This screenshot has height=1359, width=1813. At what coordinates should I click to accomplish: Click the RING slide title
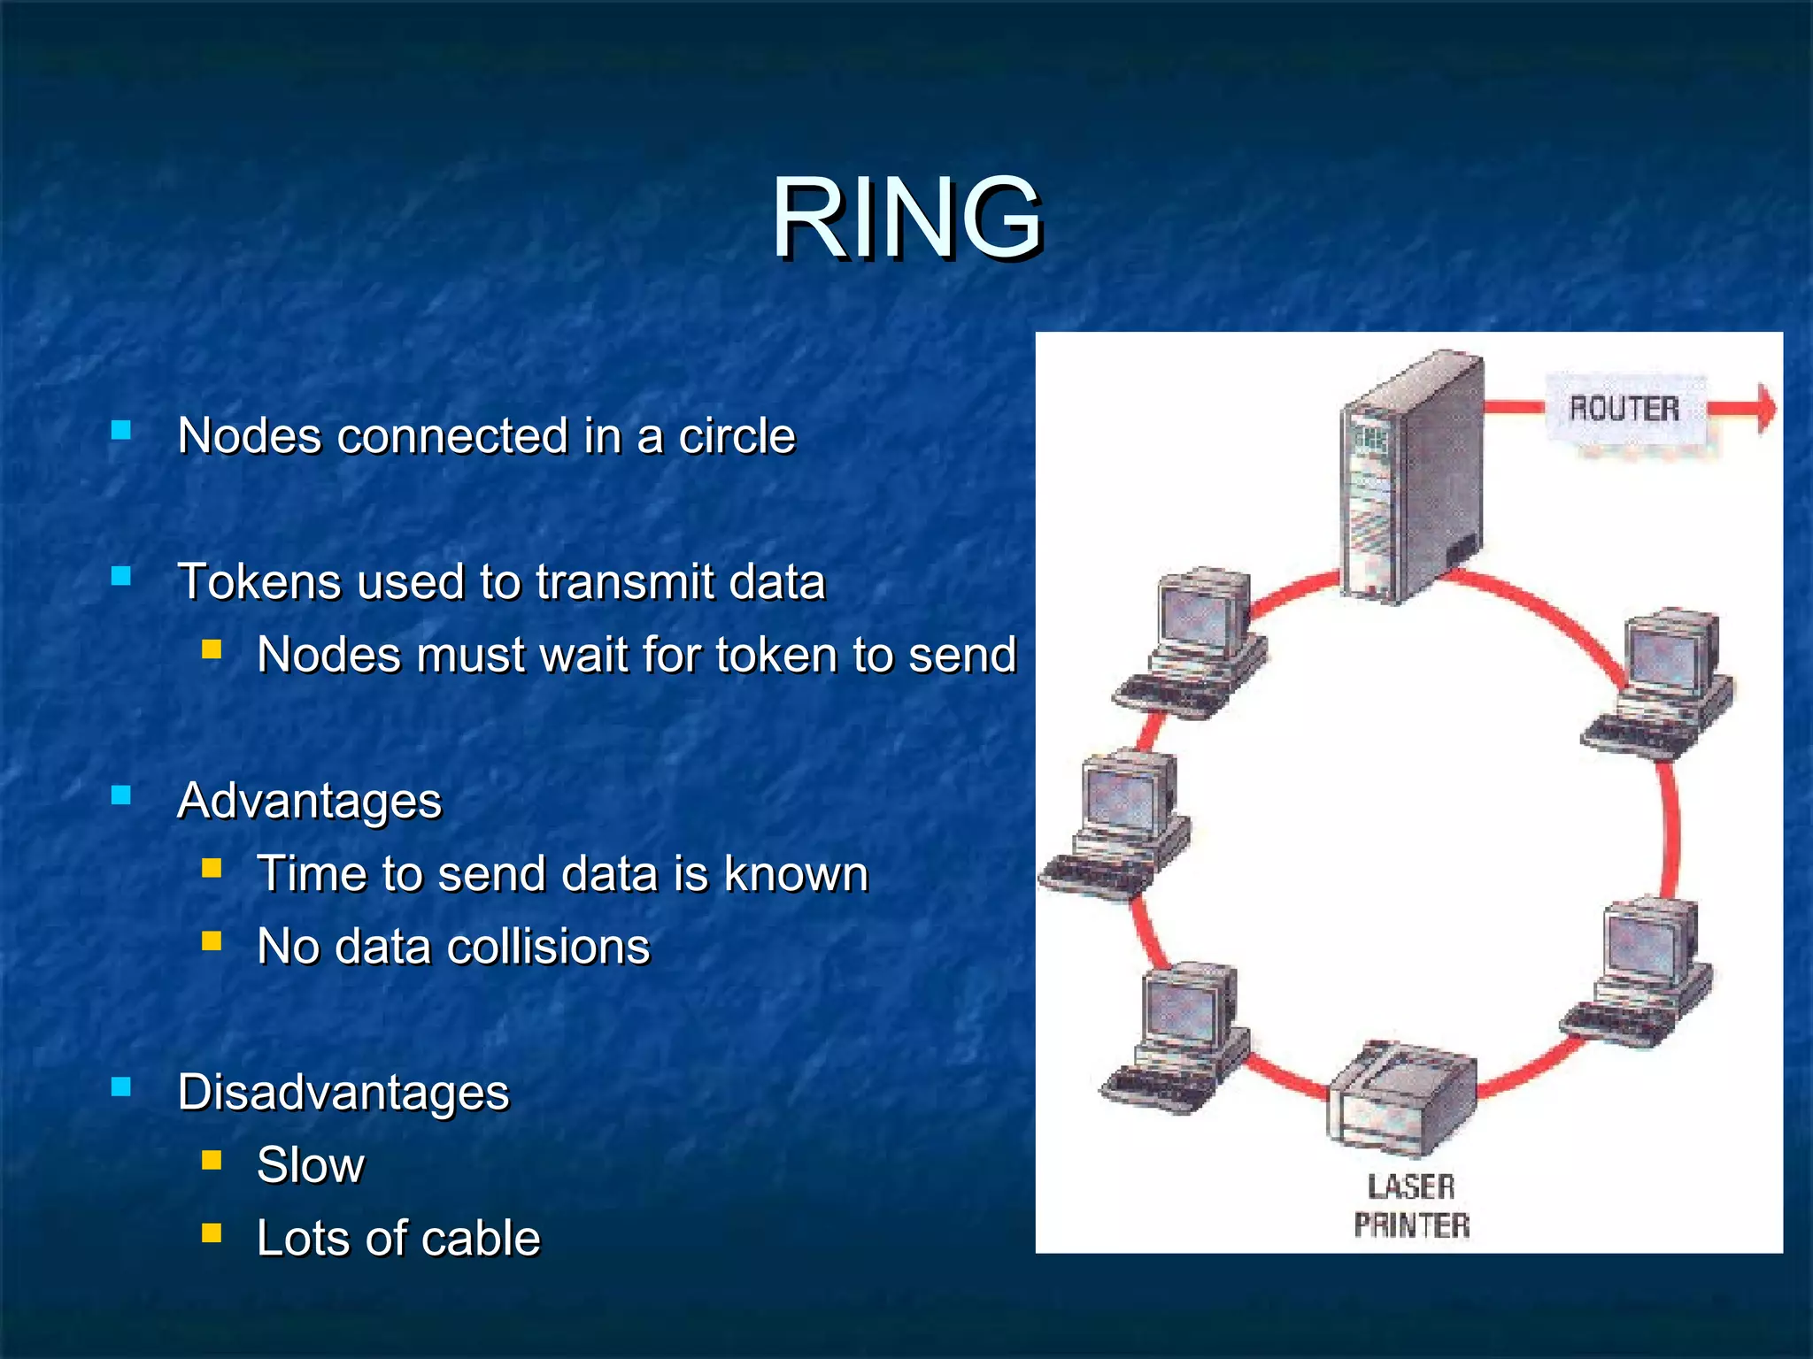click(x=906, y=218)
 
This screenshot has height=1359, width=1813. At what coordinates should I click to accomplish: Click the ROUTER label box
click(x=1624, y=410)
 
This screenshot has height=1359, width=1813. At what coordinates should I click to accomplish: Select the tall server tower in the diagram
click(x=1412, y=478)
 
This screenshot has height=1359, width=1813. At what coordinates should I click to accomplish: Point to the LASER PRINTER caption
click(x=1411, y=1206)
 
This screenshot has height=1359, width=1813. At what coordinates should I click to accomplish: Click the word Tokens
click(x=259, y=582)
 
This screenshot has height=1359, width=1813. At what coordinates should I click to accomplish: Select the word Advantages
click(x=309, y=802)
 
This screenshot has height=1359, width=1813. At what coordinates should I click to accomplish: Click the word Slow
click(x=310, y=1165)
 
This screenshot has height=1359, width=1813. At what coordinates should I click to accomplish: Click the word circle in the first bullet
click(x=737, y=436)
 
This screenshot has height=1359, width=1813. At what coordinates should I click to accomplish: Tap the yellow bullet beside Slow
click(x=212, y=1160)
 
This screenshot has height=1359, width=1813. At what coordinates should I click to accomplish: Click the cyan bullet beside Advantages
click(x=121, y=796)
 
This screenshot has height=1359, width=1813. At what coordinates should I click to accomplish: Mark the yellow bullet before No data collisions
click(x=212, y=941)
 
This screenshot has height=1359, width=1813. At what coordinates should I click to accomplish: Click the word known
click(x=796, y=874)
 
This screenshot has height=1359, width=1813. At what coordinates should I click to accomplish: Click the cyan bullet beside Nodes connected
click(x=121, y=431)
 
